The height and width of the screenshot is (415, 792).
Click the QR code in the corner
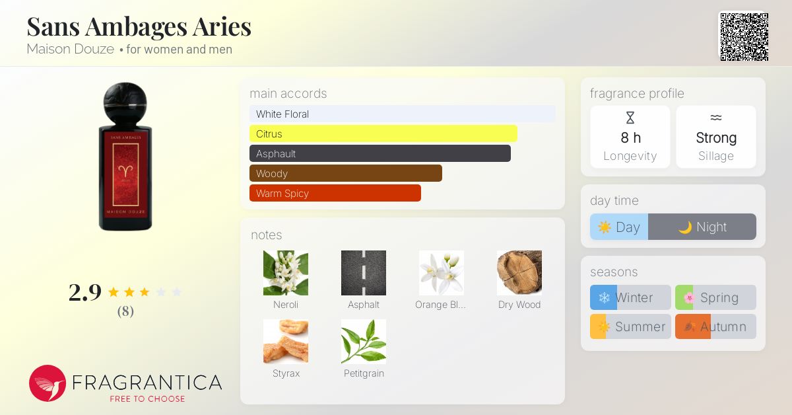(x=744, y=37)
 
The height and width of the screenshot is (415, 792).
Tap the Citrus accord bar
(x=383, y=133)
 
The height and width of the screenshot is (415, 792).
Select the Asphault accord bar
(x=379, y=153)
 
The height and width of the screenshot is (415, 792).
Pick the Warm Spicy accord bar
(x=335, y=193)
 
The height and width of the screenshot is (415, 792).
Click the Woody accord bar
(x=345, y=173)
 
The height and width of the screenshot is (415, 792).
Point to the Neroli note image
(x=286, y=272)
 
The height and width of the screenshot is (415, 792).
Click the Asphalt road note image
(x=364, y=272)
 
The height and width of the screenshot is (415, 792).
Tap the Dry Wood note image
(x=519, y=272)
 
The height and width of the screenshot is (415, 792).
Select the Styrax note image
(x=286, y=341)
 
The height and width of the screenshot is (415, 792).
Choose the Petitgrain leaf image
(x=364, y=341)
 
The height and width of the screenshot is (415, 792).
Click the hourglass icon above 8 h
(x=630, y=118)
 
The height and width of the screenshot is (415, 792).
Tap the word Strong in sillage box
(x=716, y=137)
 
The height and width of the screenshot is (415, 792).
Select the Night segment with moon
(x=702, y=227)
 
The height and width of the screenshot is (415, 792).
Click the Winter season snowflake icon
(x=604, y=297)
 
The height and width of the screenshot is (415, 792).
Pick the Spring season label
(x=719, y=297)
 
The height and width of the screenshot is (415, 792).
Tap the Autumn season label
(x=723, y=326)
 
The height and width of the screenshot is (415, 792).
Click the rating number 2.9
(x=85, y=292)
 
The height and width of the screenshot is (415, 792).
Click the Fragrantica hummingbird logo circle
(x=48, y=383)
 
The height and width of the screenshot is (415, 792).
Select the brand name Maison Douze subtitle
(x=70, y=49)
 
